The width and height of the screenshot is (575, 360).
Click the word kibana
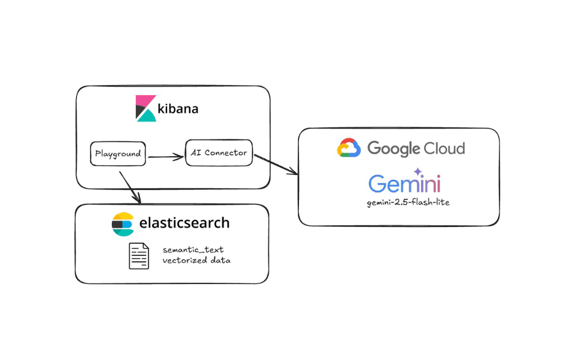[x=177, y=108]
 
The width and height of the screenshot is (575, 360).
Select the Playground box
[x=118, y=154]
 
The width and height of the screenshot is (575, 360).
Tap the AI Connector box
[x=218, y=153]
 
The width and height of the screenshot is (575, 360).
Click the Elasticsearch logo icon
[x=123, y=224]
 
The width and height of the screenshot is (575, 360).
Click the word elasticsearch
[x=184, y=223]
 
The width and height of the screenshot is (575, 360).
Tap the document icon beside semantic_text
[x=139, y=256]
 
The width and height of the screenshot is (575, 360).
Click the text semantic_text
[x=193, y=249]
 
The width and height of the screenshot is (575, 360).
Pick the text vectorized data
[x=196, y=261]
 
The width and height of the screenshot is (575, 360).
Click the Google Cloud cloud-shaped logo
[x=349, y=148]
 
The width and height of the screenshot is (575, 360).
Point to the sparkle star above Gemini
[x=417, y=171]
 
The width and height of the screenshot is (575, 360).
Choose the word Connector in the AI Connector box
[x=225, y=153]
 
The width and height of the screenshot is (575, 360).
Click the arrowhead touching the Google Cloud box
[x=294, y=171]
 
